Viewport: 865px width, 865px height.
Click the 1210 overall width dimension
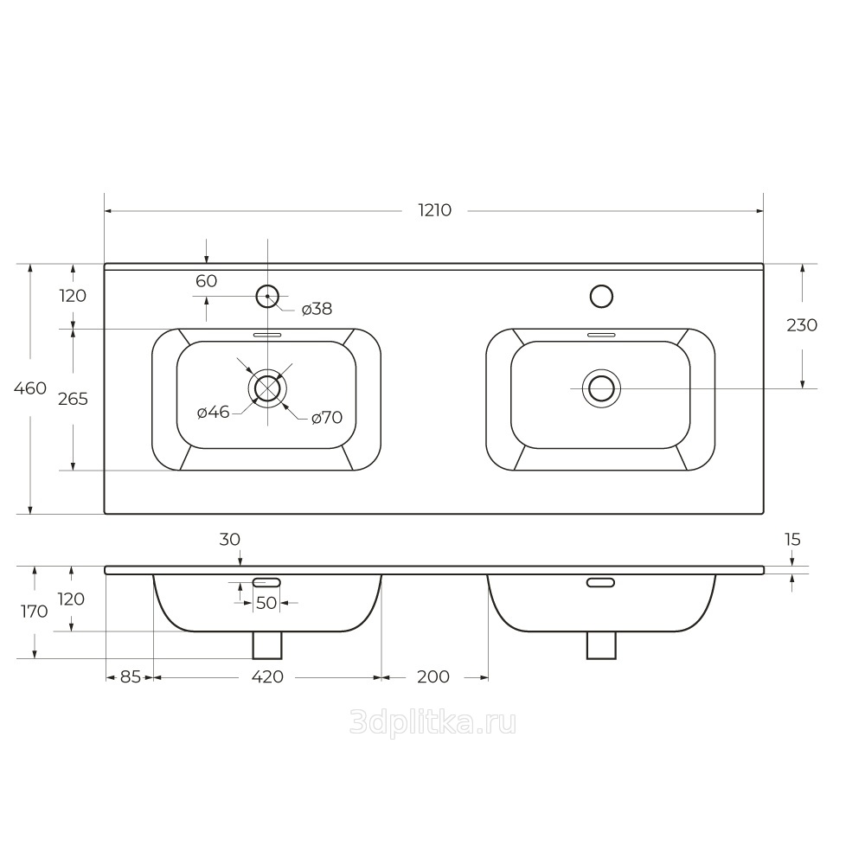[x=435, y=210]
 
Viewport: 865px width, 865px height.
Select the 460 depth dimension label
[x=30, y=388]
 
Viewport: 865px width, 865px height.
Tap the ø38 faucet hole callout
[x=317, y=309]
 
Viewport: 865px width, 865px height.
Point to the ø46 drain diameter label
[x=214, y=412]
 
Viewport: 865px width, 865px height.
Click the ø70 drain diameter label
[x=327, y=418]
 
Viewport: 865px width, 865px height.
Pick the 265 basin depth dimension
[x=73, y=398]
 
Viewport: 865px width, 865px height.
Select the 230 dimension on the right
[x=802, y=325]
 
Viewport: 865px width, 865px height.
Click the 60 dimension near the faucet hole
[x=207, y=281]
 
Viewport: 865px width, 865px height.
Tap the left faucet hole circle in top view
[x=267, y=296]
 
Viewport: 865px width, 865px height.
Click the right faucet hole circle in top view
[x=601, y=296]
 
